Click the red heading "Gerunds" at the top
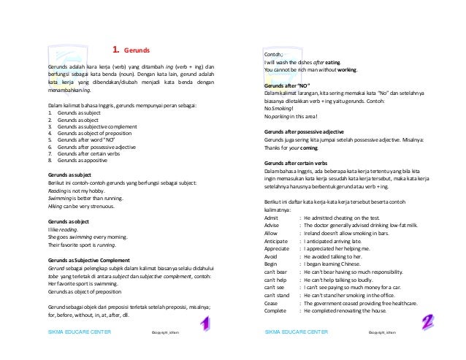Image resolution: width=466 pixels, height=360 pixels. tap(137, 50)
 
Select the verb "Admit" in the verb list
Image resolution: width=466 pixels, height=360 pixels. tap(271, 218)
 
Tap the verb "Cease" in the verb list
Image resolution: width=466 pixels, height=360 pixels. tap(271, 302)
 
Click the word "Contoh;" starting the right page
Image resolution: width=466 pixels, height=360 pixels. tap(275, 55)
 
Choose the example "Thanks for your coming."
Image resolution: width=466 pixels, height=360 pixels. tap(297, 148)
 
